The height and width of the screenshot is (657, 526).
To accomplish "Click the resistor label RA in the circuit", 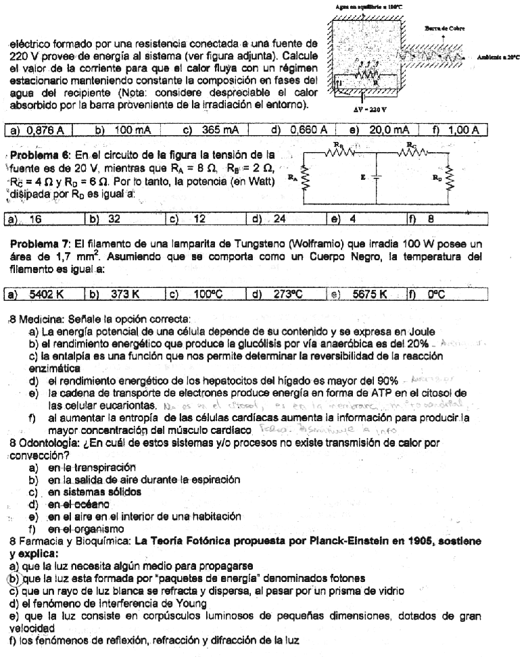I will click(x=291, y=178).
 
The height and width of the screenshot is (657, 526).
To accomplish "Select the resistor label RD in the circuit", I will click(x=437, y=178).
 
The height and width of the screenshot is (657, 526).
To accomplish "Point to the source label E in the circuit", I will click(x=363, y=178).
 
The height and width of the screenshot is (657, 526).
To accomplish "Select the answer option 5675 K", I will click(x=369, y=295).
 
